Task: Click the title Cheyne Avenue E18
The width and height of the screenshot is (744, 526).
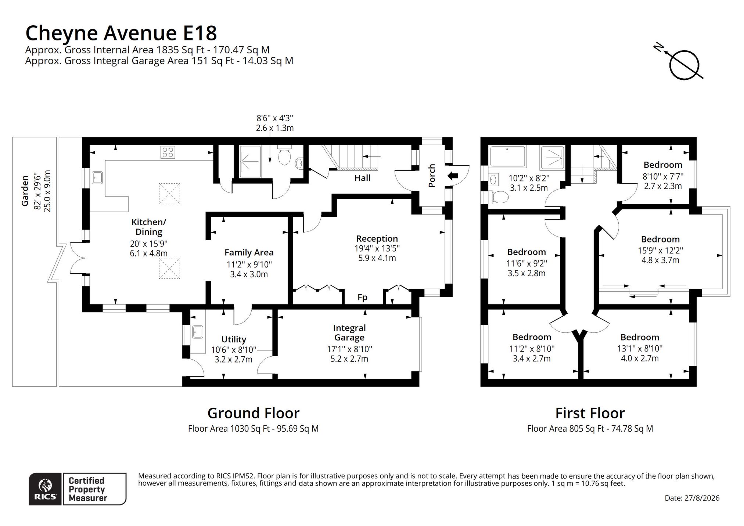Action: pos(121,33)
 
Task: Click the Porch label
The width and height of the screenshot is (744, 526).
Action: pos(432,176)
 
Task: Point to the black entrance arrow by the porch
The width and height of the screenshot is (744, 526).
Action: pos(453,176)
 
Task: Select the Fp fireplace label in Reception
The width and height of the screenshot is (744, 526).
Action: pos(362,297)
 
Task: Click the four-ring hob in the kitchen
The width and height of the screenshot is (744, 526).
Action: pos(168,152)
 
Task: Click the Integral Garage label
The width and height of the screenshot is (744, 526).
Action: pos(349,332)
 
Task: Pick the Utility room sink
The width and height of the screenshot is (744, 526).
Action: pos(198,332)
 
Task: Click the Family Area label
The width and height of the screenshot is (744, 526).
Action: pos(249,253)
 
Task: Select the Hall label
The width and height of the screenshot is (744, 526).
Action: pos(362,178)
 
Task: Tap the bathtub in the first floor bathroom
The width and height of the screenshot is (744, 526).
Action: pos(508,156)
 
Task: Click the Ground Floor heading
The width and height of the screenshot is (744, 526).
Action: pos(254,413)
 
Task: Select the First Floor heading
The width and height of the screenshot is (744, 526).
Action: pos(590,413)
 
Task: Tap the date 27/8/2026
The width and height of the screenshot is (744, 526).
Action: pos(702,498)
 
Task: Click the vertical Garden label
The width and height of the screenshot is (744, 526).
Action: pos(25,191)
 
